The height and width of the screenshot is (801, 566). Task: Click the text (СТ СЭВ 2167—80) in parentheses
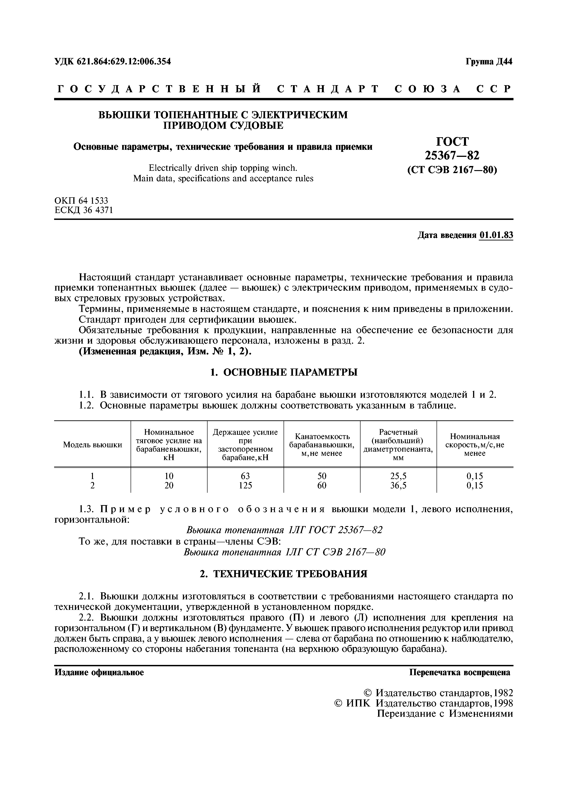452,170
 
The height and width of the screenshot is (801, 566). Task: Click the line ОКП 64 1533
81,201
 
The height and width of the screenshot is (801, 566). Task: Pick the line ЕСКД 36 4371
84,210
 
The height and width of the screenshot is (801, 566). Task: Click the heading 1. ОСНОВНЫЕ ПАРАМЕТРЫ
284,373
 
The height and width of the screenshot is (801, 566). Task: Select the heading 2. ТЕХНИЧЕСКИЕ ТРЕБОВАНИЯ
284,574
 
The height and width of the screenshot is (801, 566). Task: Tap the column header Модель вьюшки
92,445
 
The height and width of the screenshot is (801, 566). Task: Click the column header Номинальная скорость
475,445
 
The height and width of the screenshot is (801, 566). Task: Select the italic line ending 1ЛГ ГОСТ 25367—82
284,530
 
